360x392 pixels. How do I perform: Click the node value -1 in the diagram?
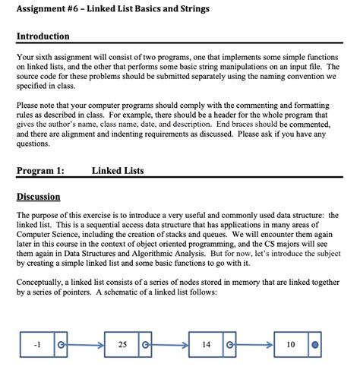pos(36,343)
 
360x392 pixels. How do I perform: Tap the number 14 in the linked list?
pos(206,343)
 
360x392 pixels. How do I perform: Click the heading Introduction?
pos(43,36)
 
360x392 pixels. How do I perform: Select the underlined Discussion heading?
pos(38,197)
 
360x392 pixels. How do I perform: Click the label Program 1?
pos(40,171)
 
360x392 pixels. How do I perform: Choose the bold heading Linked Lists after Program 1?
pos(117,171)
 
